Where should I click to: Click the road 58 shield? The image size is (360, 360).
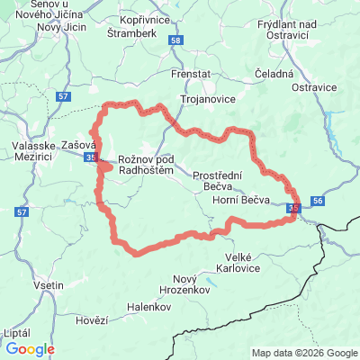[175, 41]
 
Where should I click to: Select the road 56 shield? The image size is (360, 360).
[319, 202]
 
